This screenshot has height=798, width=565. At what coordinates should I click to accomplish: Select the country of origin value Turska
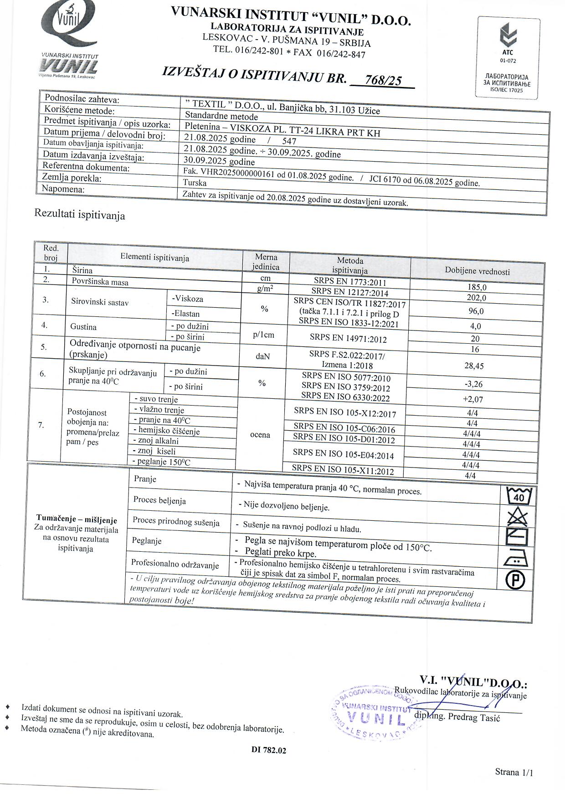point(195,183)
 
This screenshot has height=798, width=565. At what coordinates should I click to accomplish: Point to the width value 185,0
point(477,287)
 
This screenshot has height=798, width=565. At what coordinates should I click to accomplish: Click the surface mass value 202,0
point(477,298)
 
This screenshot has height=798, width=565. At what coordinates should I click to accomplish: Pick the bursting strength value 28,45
point(474,366)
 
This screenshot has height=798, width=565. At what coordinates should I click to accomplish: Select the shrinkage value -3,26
point(473,384)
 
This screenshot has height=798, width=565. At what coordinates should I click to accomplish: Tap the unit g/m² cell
point(265,288)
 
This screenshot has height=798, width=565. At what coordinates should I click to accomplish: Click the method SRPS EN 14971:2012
point(348,338)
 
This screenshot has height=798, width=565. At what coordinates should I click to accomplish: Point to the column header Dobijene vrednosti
point(477,271)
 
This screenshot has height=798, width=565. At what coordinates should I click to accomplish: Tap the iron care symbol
point(516,558)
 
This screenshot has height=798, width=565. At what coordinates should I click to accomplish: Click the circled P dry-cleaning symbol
point(515,579)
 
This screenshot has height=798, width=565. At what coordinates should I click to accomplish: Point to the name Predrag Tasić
point(474,717)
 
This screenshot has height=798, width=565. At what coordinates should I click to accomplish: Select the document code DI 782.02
point(269,750)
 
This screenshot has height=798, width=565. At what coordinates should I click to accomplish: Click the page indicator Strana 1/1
point(514,772)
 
